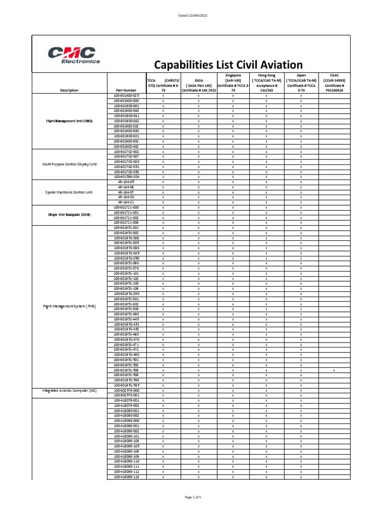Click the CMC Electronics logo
pyautogui.click(x=74, y=55)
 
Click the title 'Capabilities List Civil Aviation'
pyautogui.click(x=228, y=65)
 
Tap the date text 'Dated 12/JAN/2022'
pyautogui.click(x=193, y=16)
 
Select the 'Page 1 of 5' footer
pyautogui.click(x=193, y=497)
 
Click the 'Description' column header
pyautogui.click(x=69, y=90)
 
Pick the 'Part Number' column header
pyautogui.click(x=126, y=90)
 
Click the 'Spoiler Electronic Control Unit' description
pyautogui.click(x=69, y=192)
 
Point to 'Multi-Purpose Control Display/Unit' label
pyautogui.click(x=69, y=164)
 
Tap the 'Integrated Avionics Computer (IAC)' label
pyautogui.click(x=69, y=390)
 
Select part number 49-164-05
pyautogui.click(x=126, y=182)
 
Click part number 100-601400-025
pyautogui.click(x=126, y=95)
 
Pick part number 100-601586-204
pyautogui.click(x=126, y=177)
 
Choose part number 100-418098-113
pyautogui.click(x=126, y=477)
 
